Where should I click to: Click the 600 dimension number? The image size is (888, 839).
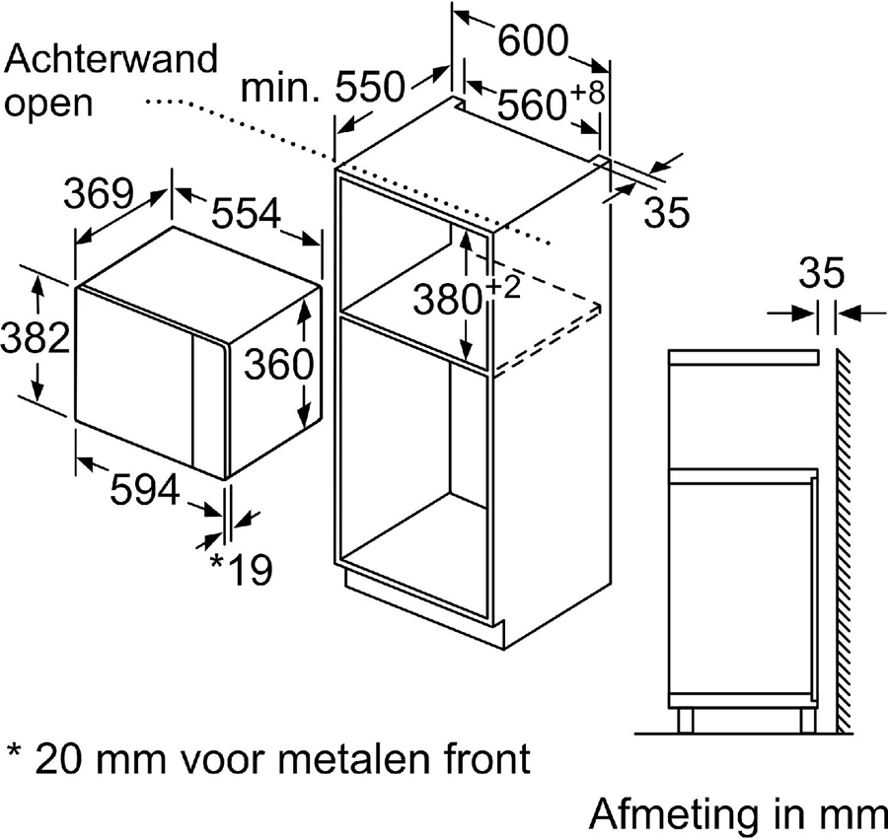(x=534, y=41)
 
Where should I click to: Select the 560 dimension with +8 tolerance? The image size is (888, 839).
(x=546, y=103)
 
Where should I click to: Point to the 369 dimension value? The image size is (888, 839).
(x=99, y=192)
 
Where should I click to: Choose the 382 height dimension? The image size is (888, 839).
(x=35, y=340)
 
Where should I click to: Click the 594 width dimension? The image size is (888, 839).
(x=143, y=490)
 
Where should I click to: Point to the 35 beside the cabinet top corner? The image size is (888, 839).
(x=665, y=213)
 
